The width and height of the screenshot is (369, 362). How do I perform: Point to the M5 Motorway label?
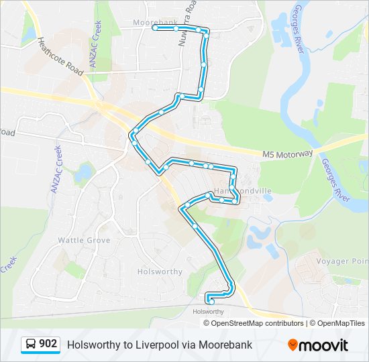click(x=287, y=154)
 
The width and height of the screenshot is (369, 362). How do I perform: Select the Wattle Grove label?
click(x=84, y=239)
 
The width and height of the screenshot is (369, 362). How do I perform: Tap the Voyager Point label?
click(x=350, y=261)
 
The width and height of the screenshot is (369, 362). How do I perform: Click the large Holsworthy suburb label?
click(x=160, y=271)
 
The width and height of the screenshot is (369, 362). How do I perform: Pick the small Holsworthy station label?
click(x=208, y=312)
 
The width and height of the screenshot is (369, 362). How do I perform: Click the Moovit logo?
click(x=318, y=345)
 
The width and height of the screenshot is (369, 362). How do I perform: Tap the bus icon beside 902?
click(x=31, y=345)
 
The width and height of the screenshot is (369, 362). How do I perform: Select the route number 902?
click(x=48, y=345)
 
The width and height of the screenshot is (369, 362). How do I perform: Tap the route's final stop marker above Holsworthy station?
click(x=212, y=302)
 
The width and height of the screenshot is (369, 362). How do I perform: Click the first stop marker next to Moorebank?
click(x=155, y=27)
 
